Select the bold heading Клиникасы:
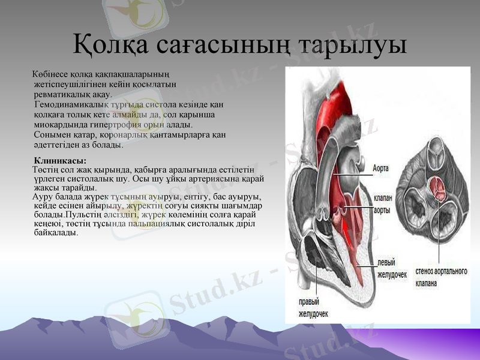pos(60,161)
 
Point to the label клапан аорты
pos(382,204)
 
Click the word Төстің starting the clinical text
pos(45,170)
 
